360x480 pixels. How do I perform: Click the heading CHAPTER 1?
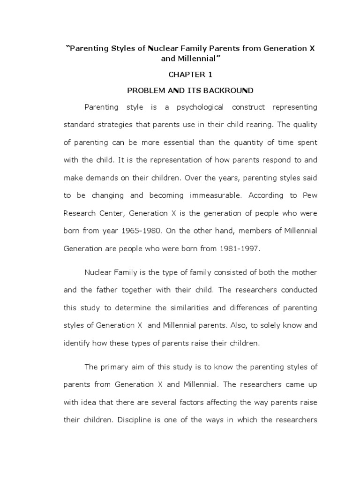[x=187, y=75]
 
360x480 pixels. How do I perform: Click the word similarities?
[x=183, y=307]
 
